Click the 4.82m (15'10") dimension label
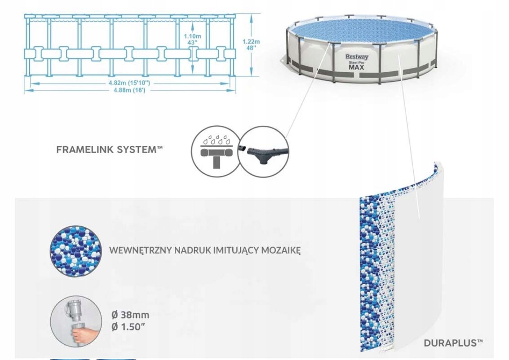pos(129,83)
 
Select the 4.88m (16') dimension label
pos(129,90)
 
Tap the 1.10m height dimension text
pos(192,36)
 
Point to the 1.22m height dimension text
pos(251,41)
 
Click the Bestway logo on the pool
pos(357,57)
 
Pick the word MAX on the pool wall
pos(356,67)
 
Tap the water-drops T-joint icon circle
pos(217,151)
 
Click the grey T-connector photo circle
pos(264,151)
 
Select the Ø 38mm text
pos(130,315)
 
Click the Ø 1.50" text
pos(128,327)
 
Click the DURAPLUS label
pos(453,343)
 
